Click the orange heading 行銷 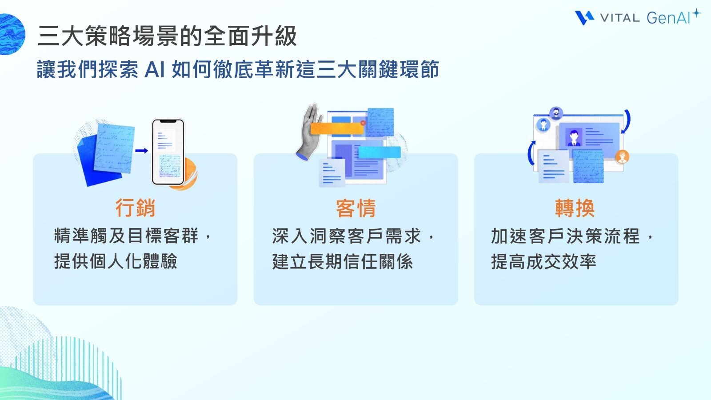(135, 208)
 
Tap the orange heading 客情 (355, 208)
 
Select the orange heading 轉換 (575, 208)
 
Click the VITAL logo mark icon (584, 18)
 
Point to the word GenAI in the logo (668, 18)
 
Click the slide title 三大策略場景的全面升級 (167, 36)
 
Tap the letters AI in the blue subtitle (155, 70)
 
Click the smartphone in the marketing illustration (168, 152)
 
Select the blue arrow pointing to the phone (142, 151)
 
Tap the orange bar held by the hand (336, 129)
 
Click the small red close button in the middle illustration (363, 123)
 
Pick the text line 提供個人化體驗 (116, 261)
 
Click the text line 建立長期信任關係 (342, 261)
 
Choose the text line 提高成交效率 (543, 261)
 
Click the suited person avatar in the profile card (574, 137)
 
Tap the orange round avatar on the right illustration (622, 156)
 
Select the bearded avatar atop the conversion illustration (555, 113)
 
